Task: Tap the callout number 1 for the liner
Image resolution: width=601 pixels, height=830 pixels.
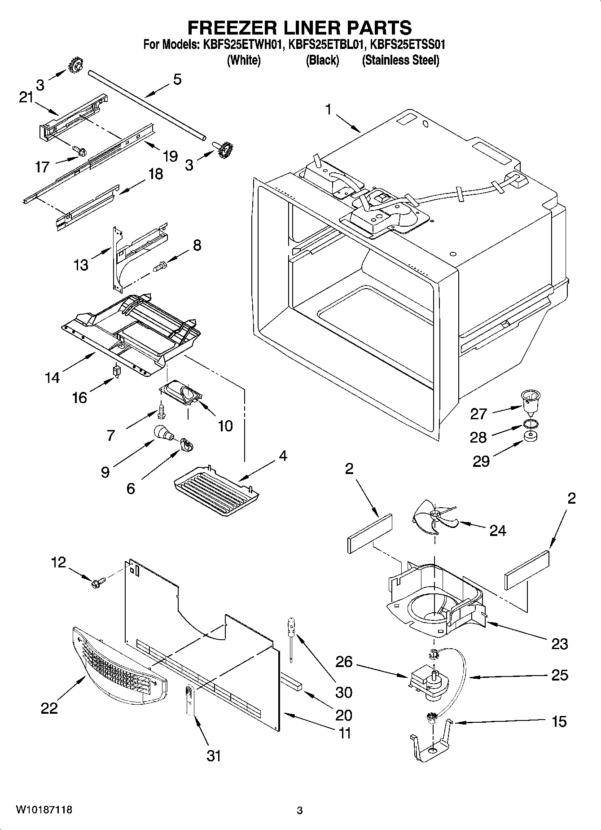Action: click(329, 109)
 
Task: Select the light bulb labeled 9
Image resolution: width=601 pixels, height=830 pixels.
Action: click(162, 433)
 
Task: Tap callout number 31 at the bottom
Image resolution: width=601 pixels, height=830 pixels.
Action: click(214, 755)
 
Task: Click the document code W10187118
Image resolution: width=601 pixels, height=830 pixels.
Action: click(44, 810)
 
